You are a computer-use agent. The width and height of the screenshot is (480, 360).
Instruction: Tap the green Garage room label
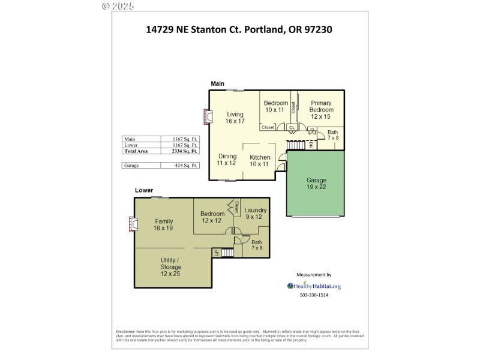[316, 183]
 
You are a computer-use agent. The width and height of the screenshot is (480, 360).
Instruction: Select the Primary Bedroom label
[321, 110]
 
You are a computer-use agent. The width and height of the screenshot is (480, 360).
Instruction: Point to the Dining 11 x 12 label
[226, 160]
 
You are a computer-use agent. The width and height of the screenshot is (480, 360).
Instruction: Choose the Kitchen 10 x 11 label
[260, 161]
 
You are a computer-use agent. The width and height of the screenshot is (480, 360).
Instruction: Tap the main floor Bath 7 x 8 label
[332, 135]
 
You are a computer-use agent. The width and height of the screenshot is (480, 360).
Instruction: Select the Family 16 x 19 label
[164, 224]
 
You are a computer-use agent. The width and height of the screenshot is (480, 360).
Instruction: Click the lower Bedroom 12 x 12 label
[212, 217]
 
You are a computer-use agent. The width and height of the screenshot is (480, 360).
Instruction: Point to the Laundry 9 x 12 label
[255, 213]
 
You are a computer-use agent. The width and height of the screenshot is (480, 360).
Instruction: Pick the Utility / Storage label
[170, 267]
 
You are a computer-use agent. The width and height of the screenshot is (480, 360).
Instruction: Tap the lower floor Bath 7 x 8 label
[257, 245]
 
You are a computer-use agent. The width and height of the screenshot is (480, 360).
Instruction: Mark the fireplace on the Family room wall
[133, 224]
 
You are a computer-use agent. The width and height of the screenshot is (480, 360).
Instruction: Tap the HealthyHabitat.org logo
[314, 286]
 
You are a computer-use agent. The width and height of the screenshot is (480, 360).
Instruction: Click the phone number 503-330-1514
[314, 295]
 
